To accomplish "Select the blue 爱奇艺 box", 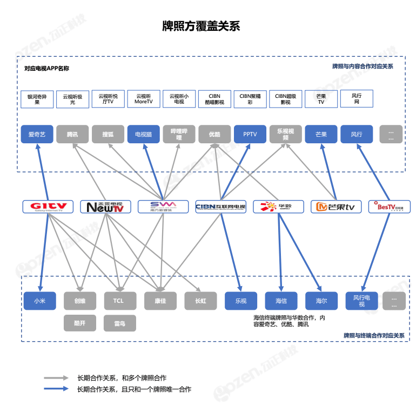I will click(37, 134).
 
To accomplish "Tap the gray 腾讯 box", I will click(72, 134).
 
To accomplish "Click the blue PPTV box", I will click(250, 134).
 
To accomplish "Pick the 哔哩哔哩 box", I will click(179, 134).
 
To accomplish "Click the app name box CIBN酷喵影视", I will click(214, 99).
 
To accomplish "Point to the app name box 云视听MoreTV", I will click(143, 99).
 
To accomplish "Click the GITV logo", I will click(48, 207).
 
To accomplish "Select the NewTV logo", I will click(105, 207).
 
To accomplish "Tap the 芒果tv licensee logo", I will click(336, 207).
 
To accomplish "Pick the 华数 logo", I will click(279, 207).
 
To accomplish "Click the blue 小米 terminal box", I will click(39, 301).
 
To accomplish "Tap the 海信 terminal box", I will click(281, 301).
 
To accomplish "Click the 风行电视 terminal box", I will click(361, 301).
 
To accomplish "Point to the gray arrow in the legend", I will click(56, 378).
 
